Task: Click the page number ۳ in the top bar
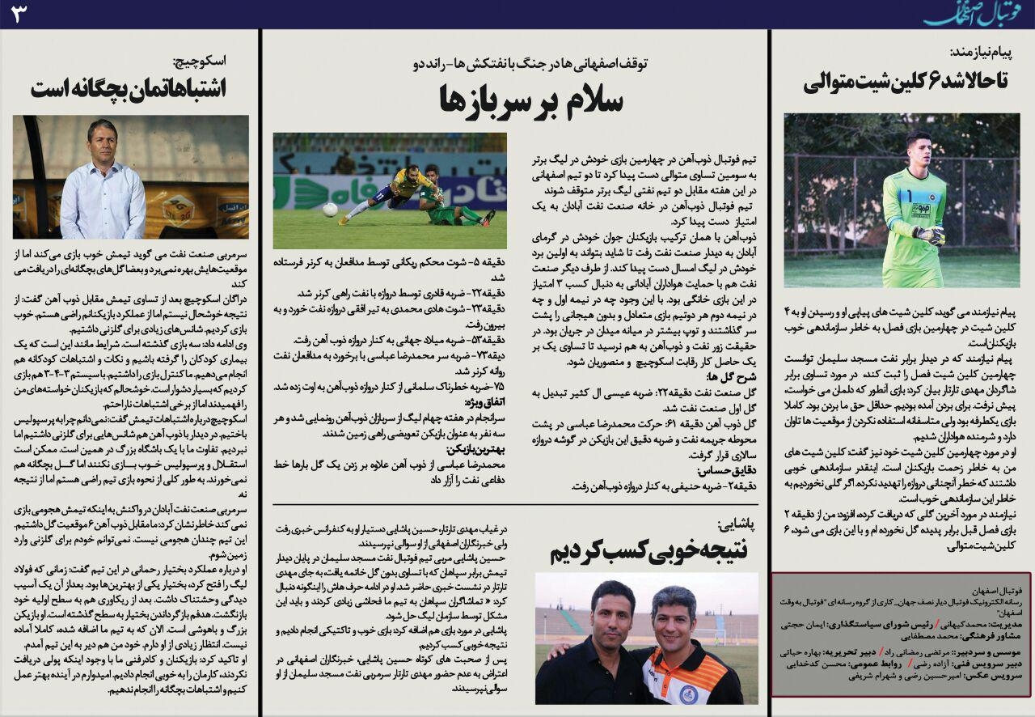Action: [x=19, y=14]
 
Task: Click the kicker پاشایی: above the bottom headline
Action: [x=737, y=524]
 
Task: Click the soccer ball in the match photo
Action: [x=330, y=210]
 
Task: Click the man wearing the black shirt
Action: [x=592, y=647]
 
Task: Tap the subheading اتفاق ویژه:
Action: [x=484, y=402]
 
